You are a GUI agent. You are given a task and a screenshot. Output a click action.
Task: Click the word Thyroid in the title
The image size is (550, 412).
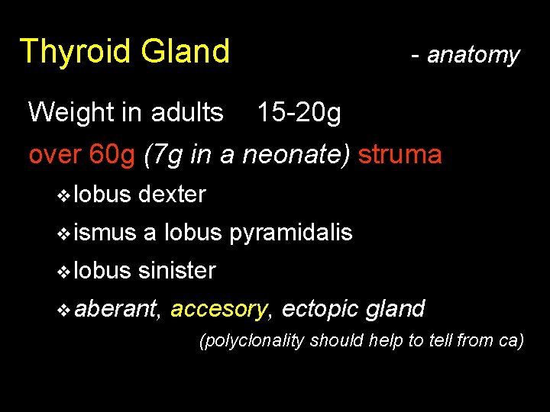75,52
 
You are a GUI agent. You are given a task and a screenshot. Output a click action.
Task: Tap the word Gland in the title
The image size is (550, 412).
185,52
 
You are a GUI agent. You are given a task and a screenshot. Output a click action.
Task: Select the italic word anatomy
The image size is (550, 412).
473,55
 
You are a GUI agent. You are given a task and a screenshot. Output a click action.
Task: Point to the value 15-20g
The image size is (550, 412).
299,113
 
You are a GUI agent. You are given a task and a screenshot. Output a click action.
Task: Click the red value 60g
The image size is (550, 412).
112,155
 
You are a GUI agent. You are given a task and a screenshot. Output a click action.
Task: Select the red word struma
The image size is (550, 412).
400,155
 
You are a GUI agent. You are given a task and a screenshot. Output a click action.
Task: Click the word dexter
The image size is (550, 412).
172,195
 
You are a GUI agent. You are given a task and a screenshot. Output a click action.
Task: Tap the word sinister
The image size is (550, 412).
177,270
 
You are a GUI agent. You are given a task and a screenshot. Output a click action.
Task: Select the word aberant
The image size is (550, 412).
117,308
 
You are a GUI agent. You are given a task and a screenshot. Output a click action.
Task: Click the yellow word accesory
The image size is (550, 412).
219,309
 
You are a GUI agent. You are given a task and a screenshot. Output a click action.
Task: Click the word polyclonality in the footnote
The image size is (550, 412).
254,340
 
